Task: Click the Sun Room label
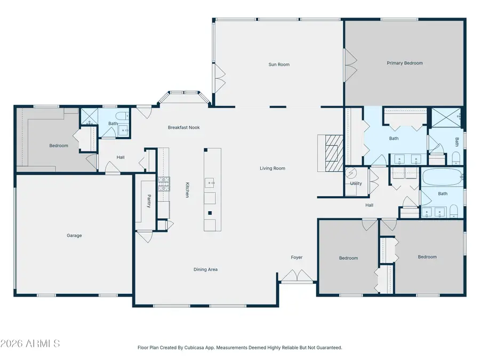[279, 65]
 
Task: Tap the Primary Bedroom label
[405, 63]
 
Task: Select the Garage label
[74, 235]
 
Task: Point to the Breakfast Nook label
[183, 127]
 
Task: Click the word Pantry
[149, 201]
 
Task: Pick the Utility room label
[356, 183]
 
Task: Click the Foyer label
[297, 258]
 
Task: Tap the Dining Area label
[205, 269]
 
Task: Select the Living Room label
[273, 168]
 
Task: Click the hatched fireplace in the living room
[334, 153]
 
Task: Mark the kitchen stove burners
[164, 184]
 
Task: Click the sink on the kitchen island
[210, 183]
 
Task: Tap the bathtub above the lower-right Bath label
[442, 177]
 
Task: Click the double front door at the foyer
[297, 276]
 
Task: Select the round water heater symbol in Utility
[351, 173]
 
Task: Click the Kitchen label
[187, 190]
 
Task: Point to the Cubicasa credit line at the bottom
[239, 347]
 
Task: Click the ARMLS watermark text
[30, 343]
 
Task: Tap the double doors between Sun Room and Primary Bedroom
[350, 66]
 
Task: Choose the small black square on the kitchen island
[210, 213]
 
